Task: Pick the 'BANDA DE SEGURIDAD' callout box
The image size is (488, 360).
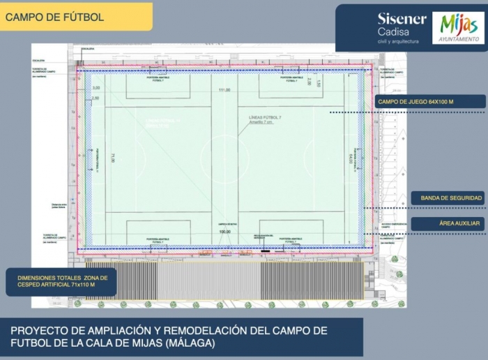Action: pyautogui.click(x=451, y=198)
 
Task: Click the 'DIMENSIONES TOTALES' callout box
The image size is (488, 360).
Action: pyautogui.click(x=61, y=281)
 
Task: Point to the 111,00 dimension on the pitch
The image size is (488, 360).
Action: pyautogui.click(x=224, y=91)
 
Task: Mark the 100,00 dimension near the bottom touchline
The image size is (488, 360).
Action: pyautogui.click(x=224, y=231)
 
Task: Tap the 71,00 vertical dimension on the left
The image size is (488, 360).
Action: pyautogui.click(x=113, y=159)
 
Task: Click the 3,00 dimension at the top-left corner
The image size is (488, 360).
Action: pyautogui.click(x=96, y=88)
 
